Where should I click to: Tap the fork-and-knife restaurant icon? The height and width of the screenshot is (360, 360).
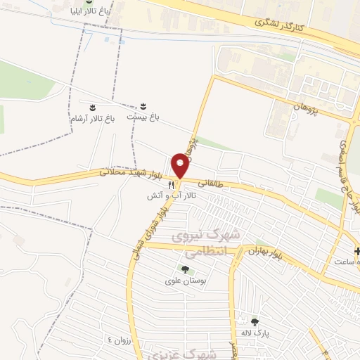click(x=171, y=184)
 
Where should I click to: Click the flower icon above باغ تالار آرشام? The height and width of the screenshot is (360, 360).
click(x=92, y=107)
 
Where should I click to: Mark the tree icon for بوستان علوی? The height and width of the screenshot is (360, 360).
click(x=185, y=269)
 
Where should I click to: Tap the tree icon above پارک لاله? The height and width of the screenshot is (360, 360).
click(x=255, y=321)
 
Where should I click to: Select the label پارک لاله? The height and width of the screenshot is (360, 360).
click(x=255, y=333)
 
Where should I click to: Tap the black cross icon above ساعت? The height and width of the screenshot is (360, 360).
click(x=358, y=251)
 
